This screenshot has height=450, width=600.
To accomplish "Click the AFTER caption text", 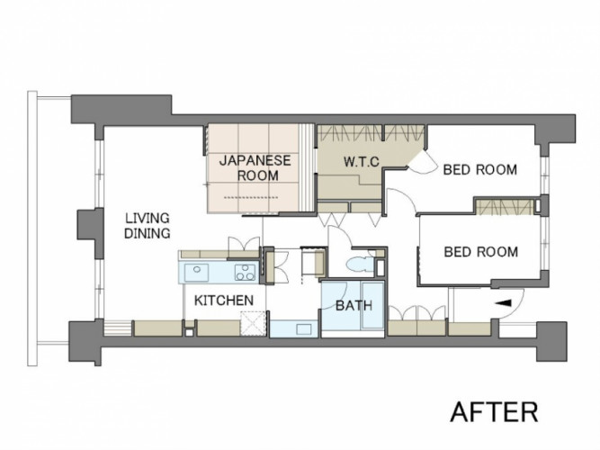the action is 494,411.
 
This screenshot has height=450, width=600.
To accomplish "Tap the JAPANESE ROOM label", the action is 255,167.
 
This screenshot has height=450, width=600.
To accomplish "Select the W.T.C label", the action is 362,162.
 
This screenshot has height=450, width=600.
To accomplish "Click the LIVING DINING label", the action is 148,226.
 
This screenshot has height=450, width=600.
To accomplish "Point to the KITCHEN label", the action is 224,301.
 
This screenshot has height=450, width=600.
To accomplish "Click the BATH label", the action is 354,306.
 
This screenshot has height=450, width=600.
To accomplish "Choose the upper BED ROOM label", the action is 480,170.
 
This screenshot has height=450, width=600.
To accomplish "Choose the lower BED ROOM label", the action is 481,252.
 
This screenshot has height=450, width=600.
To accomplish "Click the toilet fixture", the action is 360,265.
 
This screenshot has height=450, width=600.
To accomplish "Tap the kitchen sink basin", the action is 197,273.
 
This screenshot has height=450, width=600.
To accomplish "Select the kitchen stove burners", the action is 246,273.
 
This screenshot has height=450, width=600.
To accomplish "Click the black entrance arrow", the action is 503,303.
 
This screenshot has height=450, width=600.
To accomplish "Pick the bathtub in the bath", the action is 372,306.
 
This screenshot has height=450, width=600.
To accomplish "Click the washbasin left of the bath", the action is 304,329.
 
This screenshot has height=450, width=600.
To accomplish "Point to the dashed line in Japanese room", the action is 251,198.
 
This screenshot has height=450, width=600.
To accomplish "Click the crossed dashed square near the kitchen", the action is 253,324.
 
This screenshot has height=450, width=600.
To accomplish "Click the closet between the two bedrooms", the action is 505,207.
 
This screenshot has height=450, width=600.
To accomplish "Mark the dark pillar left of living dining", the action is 91,233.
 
